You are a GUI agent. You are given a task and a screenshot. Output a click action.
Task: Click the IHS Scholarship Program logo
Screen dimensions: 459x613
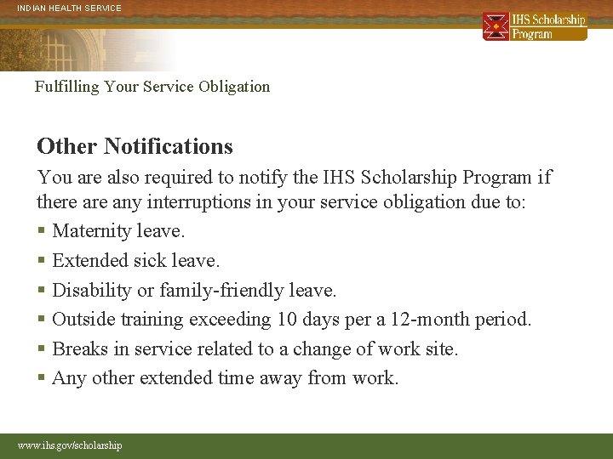[x=534, y=26]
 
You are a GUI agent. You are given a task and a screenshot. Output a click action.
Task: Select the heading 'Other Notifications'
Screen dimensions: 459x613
[x=135, y=146]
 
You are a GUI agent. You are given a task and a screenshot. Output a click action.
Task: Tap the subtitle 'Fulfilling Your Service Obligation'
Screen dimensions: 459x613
[x=152, y=86]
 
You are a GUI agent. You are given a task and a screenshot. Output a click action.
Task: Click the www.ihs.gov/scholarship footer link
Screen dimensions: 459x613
[x=70, y=445]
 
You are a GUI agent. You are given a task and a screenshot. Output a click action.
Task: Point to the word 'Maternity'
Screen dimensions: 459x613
[x=89, y=231]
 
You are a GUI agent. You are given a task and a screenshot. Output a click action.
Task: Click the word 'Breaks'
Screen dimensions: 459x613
[x=79, y=348]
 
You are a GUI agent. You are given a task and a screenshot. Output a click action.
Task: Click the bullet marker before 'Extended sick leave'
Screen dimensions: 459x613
[x=41, y=261]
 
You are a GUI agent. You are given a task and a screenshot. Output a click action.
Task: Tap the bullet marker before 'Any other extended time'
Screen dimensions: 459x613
[x=41, y=378]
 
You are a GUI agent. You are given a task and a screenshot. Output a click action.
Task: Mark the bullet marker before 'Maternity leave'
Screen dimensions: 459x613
[x=41, y=231]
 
